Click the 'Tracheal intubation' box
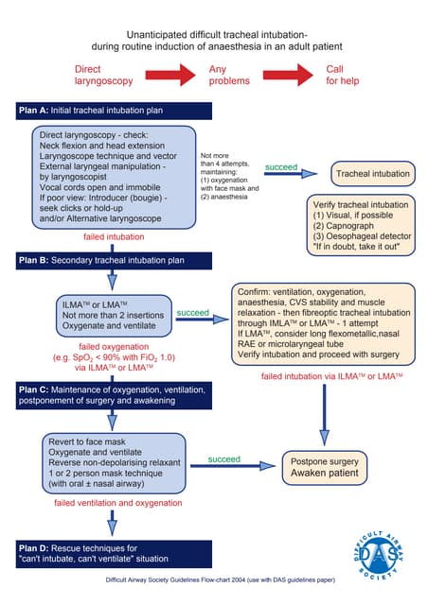(x=372, y=174)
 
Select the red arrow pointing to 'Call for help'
(x=288, y=74)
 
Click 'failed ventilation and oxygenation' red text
(x=117, y=504)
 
